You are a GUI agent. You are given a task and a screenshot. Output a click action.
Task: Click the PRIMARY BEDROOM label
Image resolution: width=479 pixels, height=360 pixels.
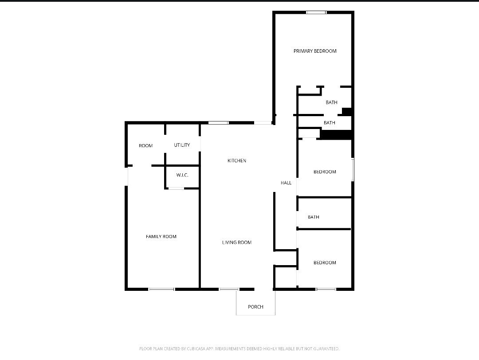point(315,51)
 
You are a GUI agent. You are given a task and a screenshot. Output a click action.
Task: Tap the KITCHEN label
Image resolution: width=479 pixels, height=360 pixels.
point(237,160)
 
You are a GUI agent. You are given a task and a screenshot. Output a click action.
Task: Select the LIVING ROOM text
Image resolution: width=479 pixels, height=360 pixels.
point(237,243)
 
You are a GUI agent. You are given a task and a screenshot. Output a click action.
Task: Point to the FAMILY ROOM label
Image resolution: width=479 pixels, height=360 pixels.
point(161,237)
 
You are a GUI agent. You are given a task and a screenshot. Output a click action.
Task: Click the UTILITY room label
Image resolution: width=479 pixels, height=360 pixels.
point(182,145)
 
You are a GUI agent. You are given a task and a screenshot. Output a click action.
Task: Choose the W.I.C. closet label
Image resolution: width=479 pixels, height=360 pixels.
point(182,175)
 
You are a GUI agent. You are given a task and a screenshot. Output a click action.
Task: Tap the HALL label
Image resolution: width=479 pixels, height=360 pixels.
point(286,183)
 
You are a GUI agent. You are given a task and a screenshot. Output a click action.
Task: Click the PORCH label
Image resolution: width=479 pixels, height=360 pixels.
point(255,307)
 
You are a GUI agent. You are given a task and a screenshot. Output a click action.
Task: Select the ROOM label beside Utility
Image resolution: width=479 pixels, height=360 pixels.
point(145,145)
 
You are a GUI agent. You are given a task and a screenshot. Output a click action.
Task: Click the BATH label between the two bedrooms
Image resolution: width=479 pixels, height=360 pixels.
point(314,217)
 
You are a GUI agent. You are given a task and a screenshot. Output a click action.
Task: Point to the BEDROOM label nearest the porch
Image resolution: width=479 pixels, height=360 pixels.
point(325,263)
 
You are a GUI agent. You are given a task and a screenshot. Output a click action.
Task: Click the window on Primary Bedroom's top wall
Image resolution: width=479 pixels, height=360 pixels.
point(316,12)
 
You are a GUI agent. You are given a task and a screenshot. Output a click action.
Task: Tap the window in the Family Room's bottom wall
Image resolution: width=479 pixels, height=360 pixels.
point(161,290)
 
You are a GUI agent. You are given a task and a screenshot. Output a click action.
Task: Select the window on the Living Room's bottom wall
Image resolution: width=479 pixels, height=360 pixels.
point(229,290)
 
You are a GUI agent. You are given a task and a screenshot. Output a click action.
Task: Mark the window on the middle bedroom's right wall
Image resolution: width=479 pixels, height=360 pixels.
point(353,169)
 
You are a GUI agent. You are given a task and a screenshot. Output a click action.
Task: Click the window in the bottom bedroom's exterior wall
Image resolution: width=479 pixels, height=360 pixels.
point(326,290)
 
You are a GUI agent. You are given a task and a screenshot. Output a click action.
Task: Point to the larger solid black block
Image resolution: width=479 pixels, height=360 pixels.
point(336,134)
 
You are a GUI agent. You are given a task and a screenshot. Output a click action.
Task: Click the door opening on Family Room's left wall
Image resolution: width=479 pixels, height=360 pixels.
point(126,176)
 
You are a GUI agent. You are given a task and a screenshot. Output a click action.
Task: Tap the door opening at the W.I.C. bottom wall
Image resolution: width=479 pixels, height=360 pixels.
point(176,188)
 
